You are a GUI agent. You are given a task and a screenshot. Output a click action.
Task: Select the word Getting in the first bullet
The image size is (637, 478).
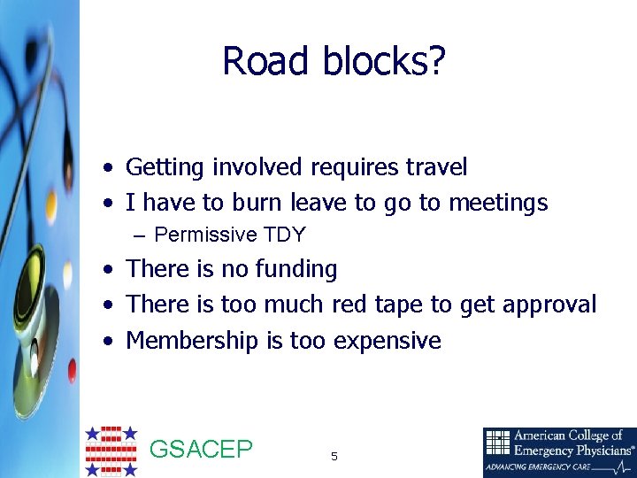165,166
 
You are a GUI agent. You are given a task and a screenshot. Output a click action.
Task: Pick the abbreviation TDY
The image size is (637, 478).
284,235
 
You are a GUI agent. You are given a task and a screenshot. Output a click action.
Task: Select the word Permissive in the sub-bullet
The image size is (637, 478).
205,235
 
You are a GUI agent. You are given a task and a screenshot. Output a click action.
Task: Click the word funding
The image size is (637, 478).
295,269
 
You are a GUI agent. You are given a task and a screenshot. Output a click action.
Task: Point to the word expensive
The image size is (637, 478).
387,341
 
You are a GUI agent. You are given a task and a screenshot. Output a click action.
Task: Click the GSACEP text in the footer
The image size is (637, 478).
202,450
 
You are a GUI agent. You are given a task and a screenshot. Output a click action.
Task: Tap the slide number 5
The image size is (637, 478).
334,457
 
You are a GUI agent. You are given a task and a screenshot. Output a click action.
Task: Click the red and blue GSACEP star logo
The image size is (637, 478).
111,451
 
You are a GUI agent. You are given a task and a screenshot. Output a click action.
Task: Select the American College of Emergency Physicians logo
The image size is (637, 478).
559,451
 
